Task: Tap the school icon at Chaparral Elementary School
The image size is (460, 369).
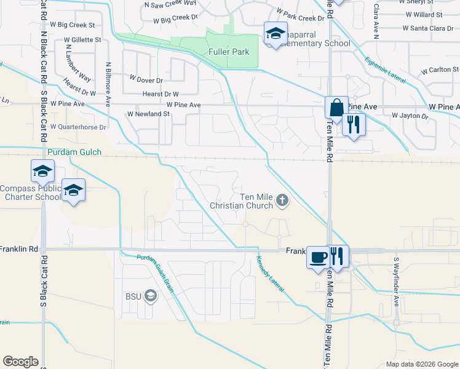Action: (x=276, y=33)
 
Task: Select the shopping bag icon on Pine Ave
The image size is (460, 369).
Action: (x=336, y=108)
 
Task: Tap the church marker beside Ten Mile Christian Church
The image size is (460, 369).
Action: (x=282, y=199)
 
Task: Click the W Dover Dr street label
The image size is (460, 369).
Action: (x=146, y=80)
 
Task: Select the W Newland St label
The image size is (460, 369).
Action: (x=148, y=114)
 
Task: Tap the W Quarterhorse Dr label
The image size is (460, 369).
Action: (x=78, y=127)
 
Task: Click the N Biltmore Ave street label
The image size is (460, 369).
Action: (x=108, y=79)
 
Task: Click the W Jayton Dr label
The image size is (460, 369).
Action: (x=410, y=116)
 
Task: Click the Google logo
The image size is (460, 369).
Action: (x=20, y=362)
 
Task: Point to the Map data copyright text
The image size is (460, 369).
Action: (x=421, y=364)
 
